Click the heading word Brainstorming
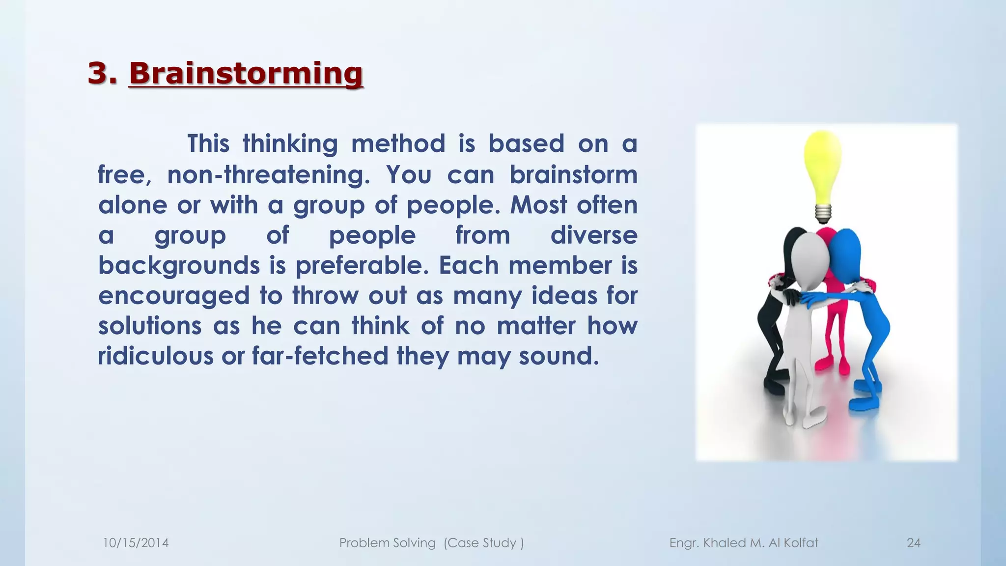click(246, 74)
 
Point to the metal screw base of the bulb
click(823, 213)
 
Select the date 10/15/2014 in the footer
click(136, 543)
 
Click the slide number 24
click(913, 543)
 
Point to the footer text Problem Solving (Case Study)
click(431, 543)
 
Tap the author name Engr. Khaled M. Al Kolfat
click(744, 543)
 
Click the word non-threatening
click(268, 175)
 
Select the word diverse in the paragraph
click(593, 235)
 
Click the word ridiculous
click(155, 356)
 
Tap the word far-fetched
click(320, 356)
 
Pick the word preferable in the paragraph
click(365, 266)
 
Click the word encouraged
click(174, 296)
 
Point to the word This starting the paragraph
click(208, 144)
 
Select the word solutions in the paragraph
click(150, 326)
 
